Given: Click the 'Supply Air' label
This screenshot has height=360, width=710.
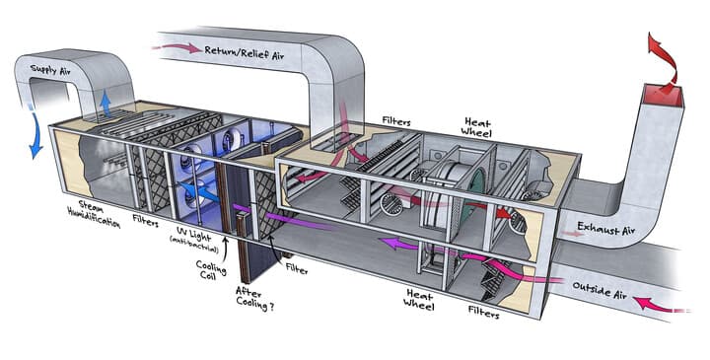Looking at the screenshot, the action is [50, 71].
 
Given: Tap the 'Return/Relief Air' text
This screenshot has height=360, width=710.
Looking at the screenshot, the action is [245, 52].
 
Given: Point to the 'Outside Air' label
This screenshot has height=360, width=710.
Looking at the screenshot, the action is [600, 290].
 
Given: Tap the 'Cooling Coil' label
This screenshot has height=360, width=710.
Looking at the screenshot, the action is [211, 270].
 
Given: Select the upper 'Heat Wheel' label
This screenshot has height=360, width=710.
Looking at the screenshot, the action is [476, 127].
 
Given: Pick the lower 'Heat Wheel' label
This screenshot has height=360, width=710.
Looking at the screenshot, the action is [419, 300].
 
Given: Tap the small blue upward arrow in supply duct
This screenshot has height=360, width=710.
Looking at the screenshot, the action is [106, 104].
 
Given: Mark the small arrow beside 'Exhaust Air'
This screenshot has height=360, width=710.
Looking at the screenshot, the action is [569, 234].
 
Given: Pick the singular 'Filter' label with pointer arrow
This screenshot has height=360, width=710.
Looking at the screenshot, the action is [297, 269].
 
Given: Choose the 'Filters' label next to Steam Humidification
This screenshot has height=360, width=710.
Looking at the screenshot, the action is [145, 222].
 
